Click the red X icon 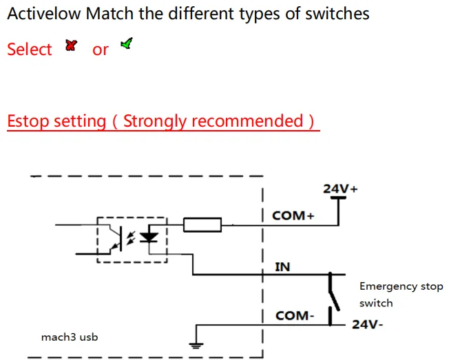pyautogui.click(x=70, y=45)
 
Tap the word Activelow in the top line pyautogui.click(x=43, y=13)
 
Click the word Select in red pyautogui.click(x=30, y=50)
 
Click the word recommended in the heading pyautogui.click(x=247, y=121)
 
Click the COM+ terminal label pyautogui.click(x=293, y=215)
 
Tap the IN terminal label pyautogui.click(x=282, y=266)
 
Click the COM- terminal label pyautogui.click(x=294, y=316)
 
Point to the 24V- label pyautogui.click(x=368, y=324)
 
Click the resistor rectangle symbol pyautogui.click(x=202, y=224)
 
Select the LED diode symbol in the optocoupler pyautogui.click(x=149, y=237)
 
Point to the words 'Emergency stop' pyautogui.click(x=401, y=286)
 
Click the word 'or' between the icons pyautogui.click(x=100, y=50)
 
